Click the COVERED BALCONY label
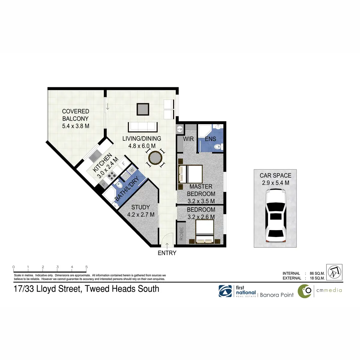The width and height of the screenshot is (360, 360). tap(76, 118)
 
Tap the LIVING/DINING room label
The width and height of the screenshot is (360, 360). tap(142, 142)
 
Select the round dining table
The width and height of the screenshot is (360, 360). tap(155, 158)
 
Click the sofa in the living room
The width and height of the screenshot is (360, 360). tap(143, 127)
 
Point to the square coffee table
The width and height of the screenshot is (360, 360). tap(143, 109)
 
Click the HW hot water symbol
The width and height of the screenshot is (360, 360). tap(180, 129)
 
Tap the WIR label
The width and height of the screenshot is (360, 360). tap(188, 139)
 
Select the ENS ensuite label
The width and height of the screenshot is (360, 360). tap(210, 139)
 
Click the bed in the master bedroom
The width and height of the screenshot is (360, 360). tap(190, 174)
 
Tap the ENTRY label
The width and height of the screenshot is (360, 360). tap(167, 253)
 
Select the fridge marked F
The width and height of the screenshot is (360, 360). tap(123, 164)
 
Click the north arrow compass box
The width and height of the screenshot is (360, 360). tap(334, 272)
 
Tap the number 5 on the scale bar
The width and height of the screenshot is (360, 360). tap(86, 267)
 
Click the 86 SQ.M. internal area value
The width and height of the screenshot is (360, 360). tap(317, 273)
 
